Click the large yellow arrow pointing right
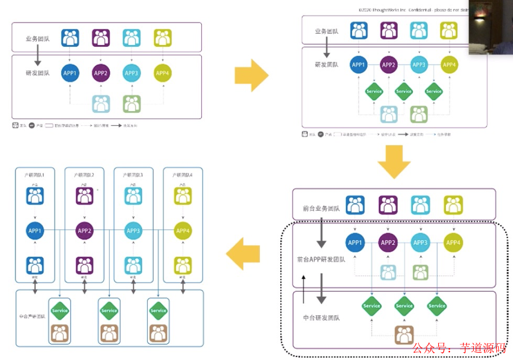[x=251, y=75]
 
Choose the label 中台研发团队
[x=321, y=318]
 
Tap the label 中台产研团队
[x=32, y=315]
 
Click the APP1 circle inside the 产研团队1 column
[x=36, y=230]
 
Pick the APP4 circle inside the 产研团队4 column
[x=182, y=230]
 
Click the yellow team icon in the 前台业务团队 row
[x=453, y=205]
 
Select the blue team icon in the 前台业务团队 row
[x=355, y=205]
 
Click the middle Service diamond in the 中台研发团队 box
[x=404, y=306]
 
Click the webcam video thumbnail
[x=490, y=27]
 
